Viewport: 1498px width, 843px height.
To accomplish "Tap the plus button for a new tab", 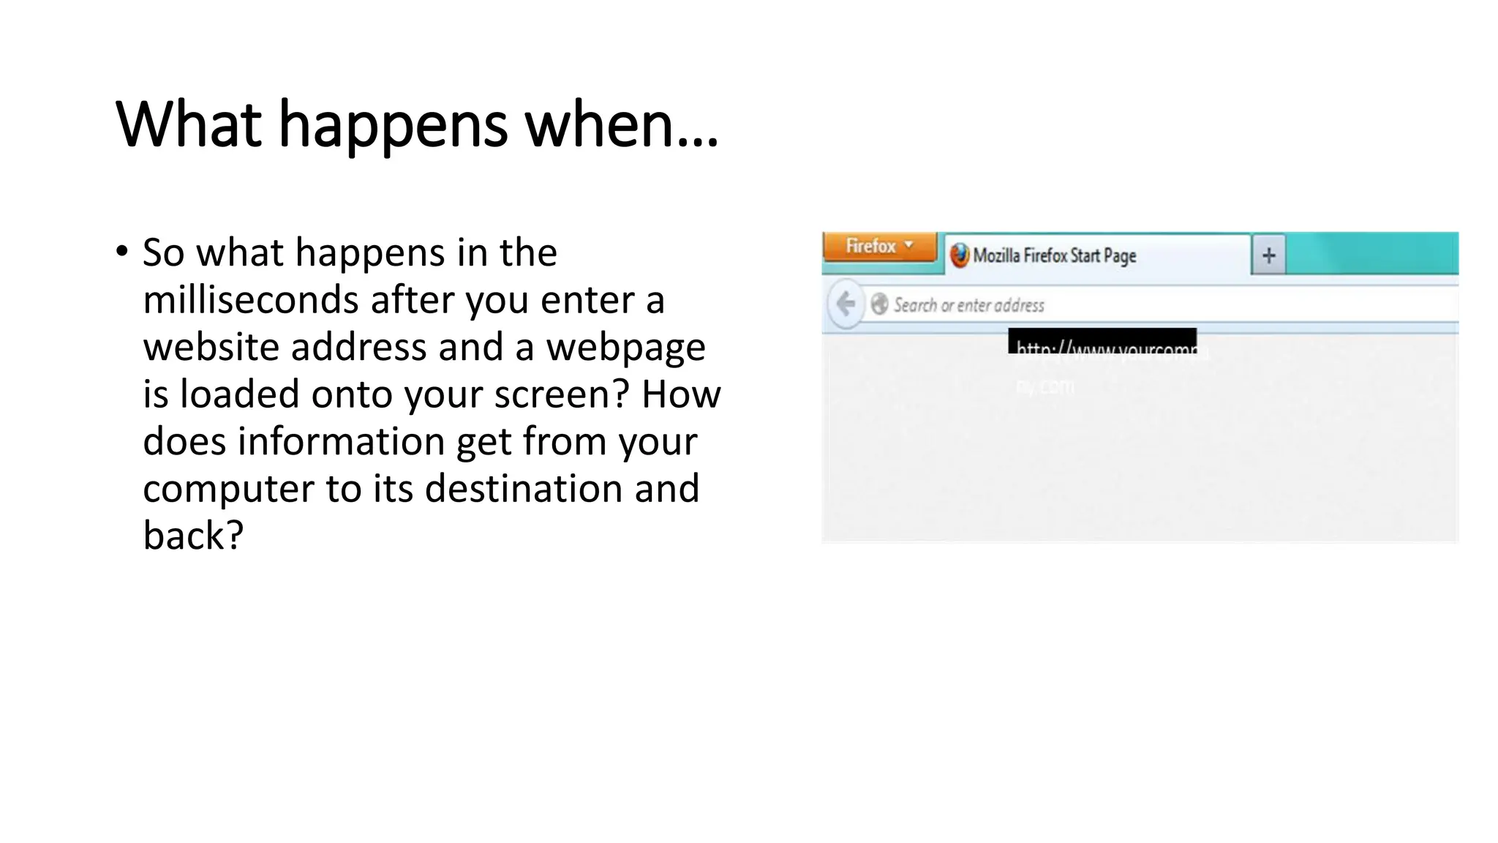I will click(x=1268, y=255).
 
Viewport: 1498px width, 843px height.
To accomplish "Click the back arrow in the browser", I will click(x=846, y=303).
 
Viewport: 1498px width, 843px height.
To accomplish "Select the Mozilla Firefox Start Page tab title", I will click(x=1054, y=255).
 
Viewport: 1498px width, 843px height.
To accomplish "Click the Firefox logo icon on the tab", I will click(x=959, y=255).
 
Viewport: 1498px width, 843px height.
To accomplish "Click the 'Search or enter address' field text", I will click(x=968, y=305).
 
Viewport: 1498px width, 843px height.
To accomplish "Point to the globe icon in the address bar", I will click(x=879, y=304).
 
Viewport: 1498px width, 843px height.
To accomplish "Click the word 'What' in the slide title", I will click(x=189, y=124).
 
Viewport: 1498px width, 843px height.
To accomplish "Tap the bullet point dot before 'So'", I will click(x=122, y=251).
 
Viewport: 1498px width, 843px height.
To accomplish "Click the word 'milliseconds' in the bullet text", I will click(x=251, y=300).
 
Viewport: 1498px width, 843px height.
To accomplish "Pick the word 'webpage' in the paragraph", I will click(x=625, y=348).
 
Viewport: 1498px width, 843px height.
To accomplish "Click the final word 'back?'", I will click(x=192, y=535).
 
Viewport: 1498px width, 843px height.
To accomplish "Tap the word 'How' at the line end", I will click(x=681, y=394).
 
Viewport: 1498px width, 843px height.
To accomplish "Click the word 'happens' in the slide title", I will click(x=393, y=124).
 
